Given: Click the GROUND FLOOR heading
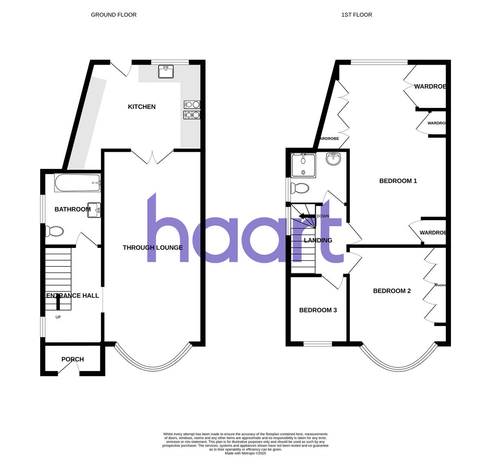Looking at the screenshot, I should point(114,15).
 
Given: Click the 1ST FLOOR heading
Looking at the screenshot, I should point(357,15).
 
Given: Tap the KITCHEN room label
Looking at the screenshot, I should point(142,107).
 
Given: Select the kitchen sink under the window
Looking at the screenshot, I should point(166,72).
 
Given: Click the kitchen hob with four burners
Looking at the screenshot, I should point(192,110).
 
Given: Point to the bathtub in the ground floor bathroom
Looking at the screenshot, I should point(77,183).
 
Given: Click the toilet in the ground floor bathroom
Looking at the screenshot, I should point(54,231).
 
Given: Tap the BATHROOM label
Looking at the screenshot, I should point(72,209).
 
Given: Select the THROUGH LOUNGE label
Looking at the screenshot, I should point(153,248).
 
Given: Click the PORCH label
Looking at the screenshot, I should point(72,359).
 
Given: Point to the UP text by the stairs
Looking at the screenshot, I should point(58,317).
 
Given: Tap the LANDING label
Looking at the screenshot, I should point(318,240).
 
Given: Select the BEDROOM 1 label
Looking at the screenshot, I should point(398,181).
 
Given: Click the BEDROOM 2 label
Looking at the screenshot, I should point(392,291).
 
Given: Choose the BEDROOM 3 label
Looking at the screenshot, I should point(318,310).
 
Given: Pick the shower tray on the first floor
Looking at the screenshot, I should point(303,165).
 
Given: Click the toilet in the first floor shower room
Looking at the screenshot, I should point(300,188).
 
